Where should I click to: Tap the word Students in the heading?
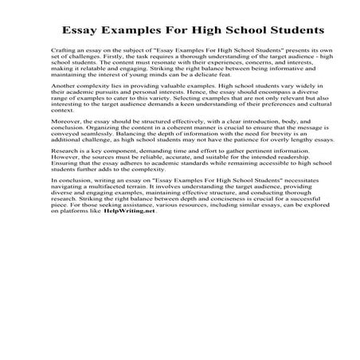click(x=289, y=31)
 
